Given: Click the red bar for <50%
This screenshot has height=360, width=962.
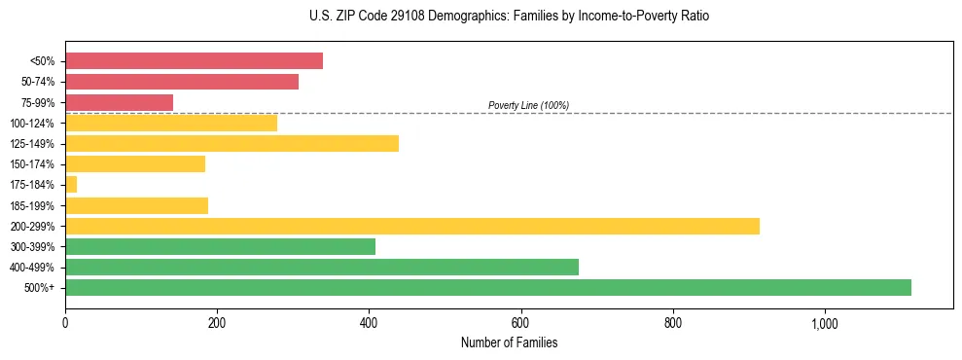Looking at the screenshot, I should click(x=194, y=61).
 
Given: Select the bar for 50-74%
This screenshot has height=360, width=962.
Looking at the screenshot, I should click(x=182, y=82).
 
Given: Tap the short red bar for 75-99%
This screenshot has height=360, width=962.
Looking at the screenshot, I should click(x=119, y=102).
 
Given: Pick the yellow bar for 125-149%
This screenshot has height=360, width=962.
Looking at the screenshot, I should click(x=232, y=144).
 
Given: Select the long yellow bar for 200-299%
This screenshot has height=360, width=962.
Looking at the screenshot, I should click(x=412, y=226).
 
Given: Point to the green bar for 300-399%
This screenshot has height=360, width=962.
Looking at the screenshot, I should click(x=220, y=246).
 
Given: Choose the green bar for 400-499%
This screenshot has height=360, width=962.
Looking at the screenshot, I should click(x=322, y=267).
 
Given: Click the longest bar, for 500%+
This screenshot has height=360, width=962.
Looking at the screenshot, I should click(x=488, y=287).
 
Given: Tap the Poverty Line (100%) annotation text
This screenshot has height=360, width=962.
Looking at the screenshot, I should click(x=528, y=105).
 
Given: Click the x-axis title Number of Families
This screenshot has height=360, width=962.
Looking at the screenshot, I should click(x=509, y=342).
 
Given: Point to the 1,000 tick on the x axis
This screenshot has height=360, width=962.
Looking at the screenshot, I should click(x=825, y=322).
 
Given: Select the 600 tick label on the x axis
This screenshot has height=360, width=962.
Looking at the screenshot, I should click(x=521, y=322).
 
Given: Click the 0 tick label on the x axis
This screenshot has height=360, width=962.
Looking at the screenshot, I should click(x=65, y=322).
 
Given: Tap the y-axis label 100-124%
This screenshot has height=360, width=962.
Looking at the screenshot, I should click(x=32, y=124).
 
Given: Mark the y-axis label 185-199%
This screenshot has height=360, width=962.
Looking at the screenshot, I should click(x=32, y=205).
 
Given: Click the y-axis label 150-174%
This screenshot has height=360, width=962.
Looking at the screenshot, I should click(x=32, y=164).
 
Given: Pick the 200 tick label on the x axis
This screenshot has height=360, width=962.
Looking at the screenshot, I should click(x=217, y=322).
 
